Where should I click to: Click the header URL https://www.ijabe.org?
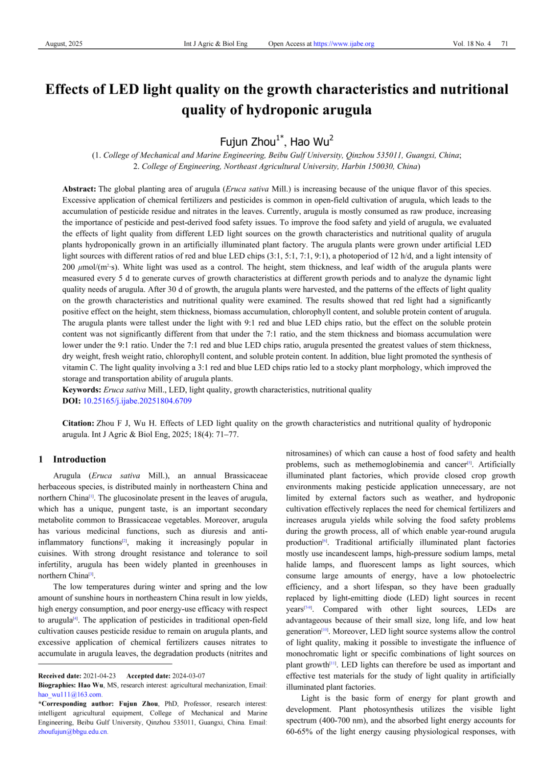click(344, 44)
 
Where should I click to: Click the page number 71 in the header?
click(505, 44)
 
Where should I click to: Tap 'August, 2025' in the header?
click(64, 44)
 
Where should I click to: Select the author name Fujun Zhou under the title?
click(248, 142)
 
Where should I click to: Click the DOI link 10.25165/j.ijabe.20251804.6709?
click(137, 401)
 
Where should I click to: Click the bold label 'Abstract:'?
click(79, 189)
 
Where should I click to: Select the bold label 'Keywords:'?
click(82, 390)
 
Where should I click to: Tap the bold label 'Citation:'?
click(78, 423)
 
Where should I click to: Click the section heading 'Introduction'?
click(80, 459)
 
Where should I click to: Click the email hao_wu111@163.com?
click(70, 694)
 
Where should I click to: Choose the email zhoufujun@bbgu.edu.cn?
click(73, 731)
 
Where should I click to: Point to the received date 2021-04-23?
click(99, 676)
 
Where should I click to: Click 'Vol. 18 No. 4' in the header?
click(472, 44)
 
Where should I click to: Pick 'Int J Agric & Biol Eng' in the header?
click(216, 44)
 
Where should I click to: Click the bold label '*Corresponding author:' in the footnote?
click(77, 703)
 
